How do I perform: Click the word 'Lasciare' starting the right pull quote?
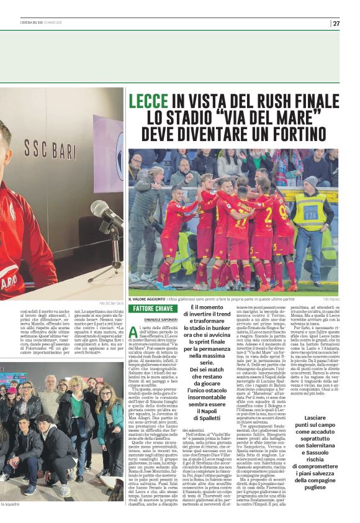point(312,418)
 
